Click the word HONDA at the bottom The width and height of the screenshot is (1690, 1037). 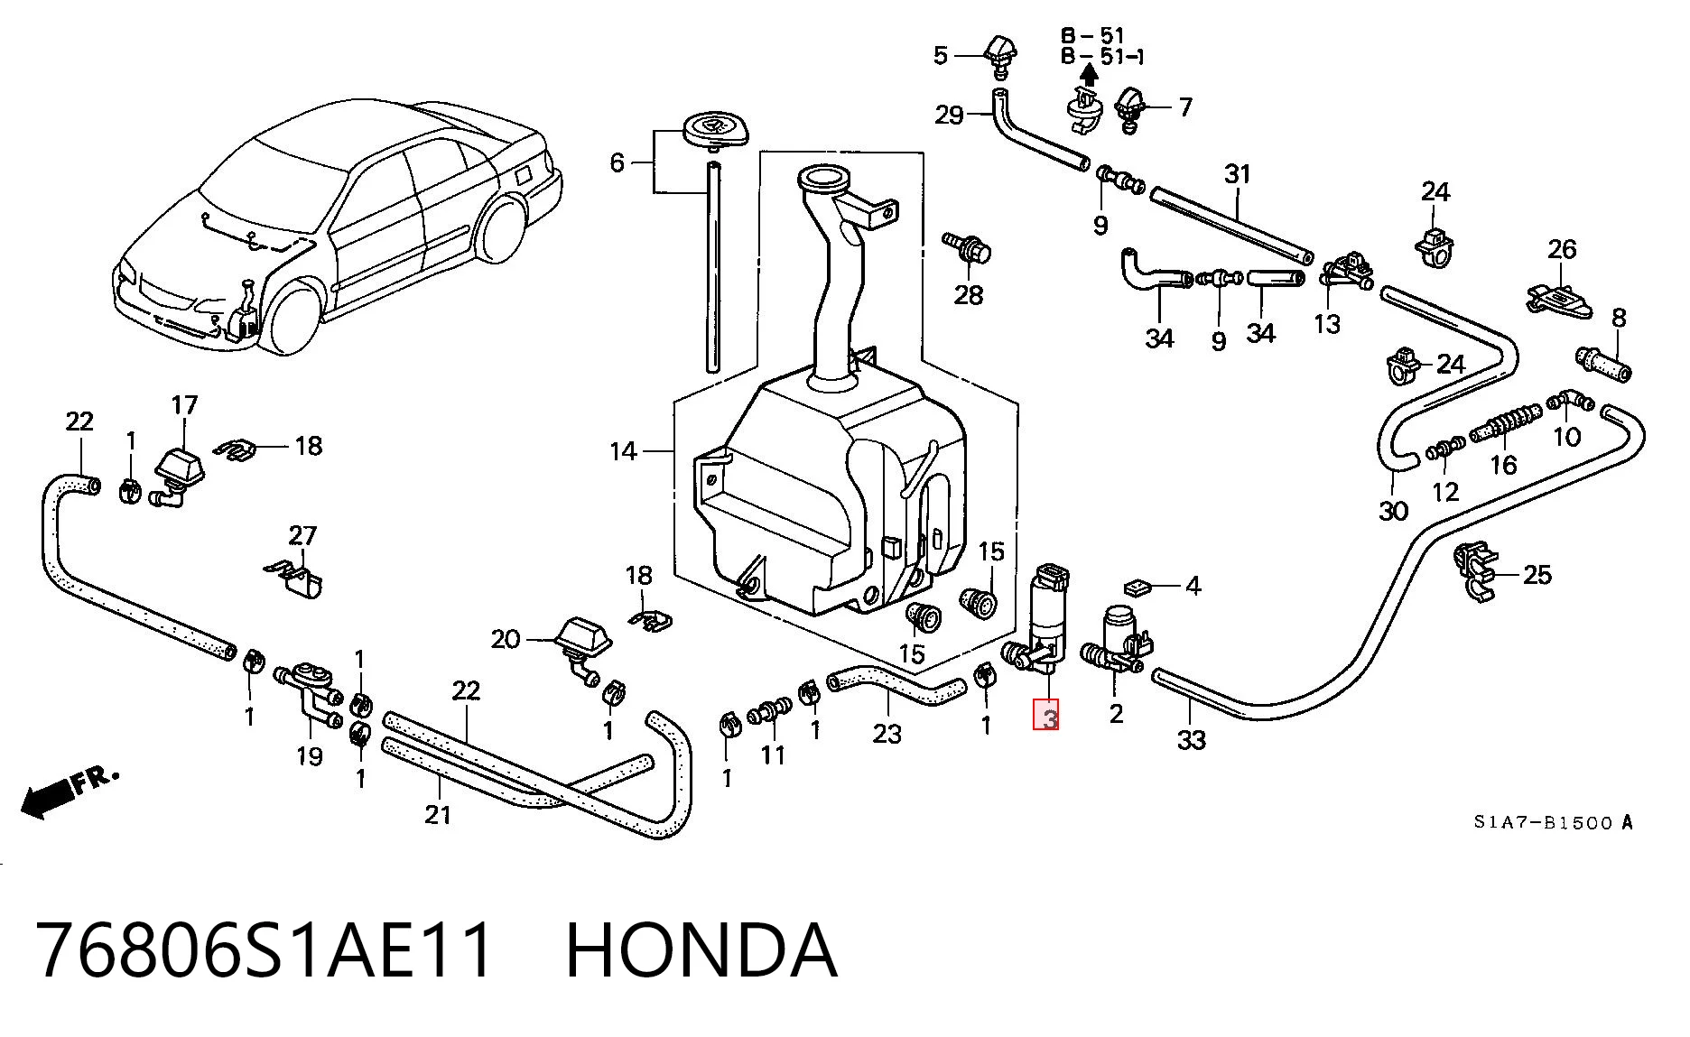point(701,950)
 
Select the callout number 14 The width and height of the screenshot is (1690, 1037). point(623,451)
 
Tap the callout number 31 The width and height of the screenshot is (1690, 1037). point(1237,174)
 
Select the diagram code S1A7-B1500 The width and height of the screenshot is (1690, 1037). point(1545,823)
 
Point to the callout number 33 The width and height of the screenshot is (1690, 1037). point(1192,740)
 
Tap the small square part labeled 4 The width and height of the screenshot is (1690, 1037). point(1137,588)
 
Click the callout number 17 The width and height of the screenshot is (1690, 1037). point(184,404)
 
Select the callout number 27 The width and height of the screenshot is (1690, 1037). point(303,536)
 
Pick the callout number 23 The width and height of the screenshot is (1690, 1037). point(887,733)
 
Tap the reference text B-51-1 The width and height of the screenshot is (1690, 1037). point(1102,57)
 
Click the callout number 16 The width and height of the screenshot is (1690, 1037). point(1503,464)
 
